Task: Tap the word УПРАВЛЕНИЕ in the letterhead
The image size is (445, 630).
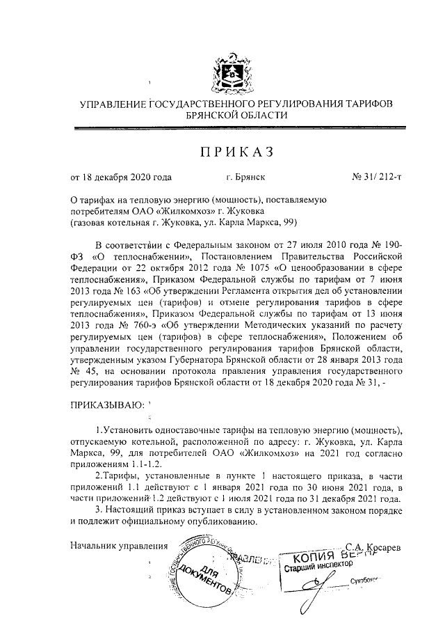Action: [113, 104]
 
